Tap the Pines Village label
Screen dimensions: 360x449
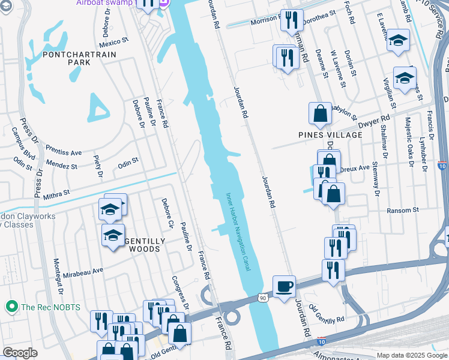point(330,135)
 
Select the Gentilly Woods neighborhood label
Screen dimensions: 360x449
point(144,245)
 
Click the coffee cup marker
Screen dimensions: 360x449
point(284,286)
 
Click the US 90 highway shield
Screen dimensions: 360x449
point(263,297)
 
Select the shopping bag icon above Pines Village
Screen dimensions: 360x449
point(321,113)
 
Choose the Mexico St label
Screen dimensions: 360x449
point(114,43)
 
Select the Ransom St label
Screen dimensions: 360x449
point(403,210)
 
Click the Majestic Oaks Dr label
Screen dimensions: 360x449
point(411,140)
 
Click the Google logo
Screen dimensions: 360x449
point(20,353)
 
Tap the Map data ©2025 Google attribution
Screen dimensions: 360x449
point(412,355)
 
